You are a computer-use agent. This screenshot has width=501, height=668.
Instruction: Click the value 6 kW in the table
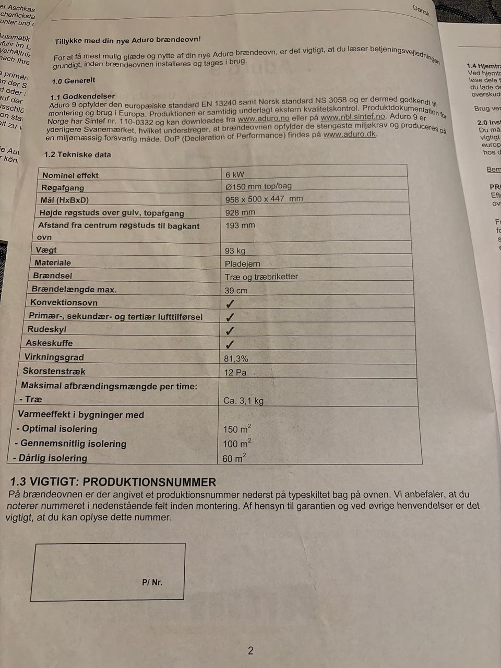(x=235, y=175)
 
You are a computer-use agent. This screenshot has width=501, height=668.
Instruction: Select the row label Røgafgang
(x=63, y=188)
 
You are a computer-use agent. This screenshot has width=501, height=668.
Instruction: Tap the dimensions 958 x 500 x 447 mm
(x=264, y=199)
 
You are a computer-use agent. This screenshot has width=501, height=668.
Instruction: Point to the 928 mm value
(x=240, y=212)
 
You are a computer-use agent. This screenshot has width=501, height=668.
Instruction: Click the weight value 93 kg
(x=235, y=251)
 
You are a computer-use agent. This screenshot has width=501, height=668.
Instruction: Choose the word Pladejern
(x=242, y=264)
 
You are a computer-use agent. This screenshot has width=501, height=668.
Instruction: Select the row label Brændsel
(x=53, y=276)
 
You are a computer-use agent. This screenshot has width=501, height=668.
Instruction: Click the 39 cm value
(x=236, y=291)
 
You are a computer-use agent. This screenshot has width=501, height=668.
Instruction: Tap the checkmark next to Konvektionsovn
(x=230, y=304)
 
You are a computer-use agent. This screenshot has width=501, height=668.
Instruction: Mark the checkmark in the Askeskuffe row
(x=230, y=344)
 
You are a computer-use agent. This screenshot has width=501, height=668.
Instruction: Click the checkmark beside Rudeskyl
(x=230, y=331)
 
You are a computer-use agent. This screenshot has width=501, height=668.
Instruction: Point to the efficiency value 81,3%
(x=236, y=359)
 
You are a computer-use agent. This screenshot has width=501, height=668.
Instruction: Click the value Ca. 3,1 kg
(x=243, y=401)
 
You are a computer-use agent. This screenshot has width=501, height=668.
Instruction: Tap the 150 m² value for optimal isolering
(x=237, y=429)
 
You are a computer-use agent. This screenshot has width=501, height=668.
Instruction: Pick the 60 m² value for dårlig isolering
(x=234, y=458)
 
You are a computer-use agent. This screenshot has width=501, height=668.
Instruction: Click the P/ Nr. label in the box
(x=152, y=582)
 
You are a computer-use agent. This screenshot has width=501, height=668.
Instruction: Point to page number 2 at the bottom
(x=250, y=650)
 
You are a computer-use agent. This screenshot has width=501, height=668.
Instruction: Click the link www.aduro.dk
(x=350, y=134)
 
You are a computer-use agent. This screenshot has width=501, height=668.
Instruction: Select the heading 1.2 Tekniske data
(x=77, y=154)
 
